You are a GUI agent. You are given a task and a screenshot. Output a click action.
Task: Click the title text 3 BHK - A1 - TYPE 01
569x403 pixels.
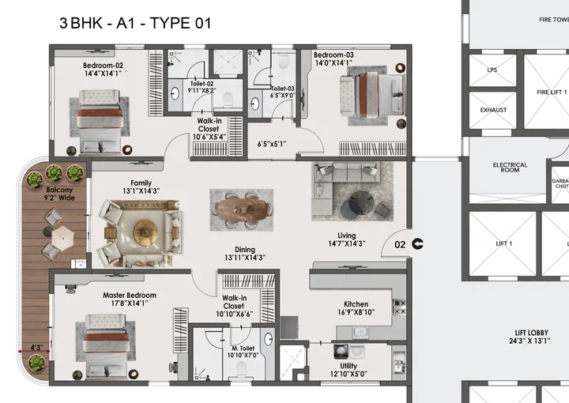click(135, 24)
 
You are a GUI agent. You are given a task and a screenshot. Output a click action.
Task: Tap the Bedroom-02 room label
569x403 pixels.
click(104, 66)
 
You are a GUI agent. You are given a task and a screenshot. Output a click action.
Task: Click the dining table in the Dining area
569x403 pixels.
click(242, 209)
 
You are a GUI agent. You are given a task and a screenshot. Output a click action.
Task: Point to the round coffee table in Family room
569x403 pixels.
click(145, 231)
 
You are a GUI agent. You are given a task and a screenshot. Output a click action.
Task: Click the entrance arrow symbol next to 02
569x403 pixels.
click(417, 245)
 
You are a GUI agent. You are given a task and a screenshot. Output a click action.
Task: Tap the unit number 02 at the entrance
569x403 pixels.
click(400, 245)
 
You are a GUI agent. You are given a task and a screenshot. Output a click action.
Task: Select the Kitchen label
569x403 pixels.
click(356, 304)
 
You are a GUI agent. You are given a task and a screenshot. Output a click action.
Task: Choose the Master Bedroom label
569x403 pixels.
click(130, 296)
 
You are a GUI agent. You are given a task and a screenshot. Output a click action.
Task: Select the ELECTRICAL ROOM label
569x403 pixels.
click(510, 167)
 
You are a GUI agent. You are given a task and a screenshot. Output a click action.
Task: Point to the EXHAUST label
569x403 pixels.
click(493, 110)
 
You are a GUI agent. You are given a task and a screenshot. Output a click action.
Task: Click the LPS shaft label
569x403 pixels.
click(492, 70)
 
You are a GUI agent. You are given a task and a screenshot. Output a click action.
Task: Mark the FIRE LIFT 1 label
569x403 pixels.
click(552, 92)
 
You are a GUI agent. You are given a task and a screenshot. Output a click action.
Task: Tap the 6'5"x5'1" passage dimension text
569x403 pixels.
click(272, 144)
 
